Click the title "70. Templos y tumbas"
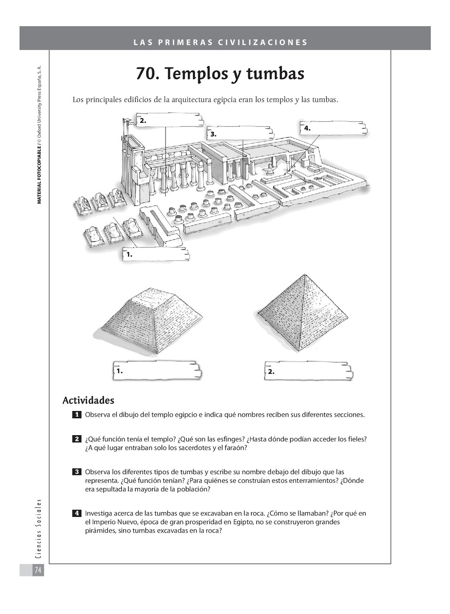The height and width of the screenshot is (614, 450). point(220,74)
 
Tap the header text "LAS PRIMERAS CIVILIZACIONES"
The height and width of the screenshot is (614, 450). point(221,42)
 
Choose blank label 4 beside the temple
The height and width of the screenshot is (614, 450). point(333,128)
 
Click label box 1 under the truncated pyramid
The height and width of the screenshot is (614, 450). point(157,371)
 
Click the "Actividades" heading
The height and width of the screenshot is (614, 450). point(88,400)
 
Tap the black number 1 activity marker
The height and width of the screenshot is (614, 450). point(77,414)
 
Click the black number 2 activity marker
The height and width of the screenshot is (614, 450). point(77,439)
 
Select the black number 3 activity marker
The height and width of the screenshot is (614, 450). point(77,472)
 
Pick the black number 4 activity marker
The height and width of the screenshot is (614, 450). point(77,513)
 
